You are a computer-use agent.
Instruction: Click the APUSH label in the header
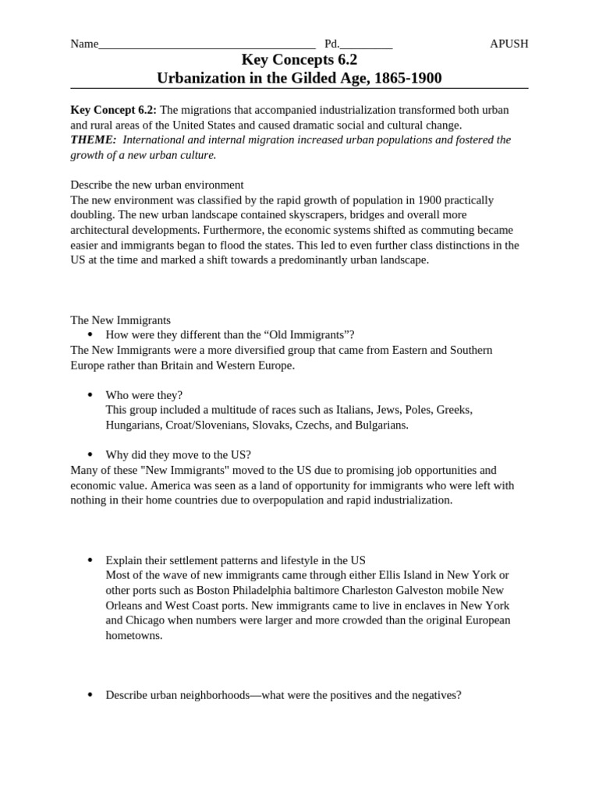coord(509,44)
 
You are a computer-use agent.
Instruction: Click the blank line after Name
coord(207,45)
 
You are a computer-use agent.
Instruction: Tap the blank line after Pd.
coord(366,45)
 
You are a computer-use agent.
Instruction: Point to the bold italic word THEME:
coord(94,139)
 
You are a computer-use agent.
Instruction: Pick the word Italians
coord(349,410)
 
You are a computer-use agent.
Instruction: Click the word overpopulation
coord(296,500)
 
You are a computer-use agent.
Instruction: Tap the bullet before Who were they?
coord(90,395)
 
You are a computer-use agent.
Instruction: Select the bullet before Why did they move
coord(90,455)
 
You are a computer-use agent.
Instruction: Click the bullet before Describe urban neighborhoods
coord(90,694)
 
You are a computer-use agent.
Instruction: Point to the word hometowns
coord(134,635)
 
